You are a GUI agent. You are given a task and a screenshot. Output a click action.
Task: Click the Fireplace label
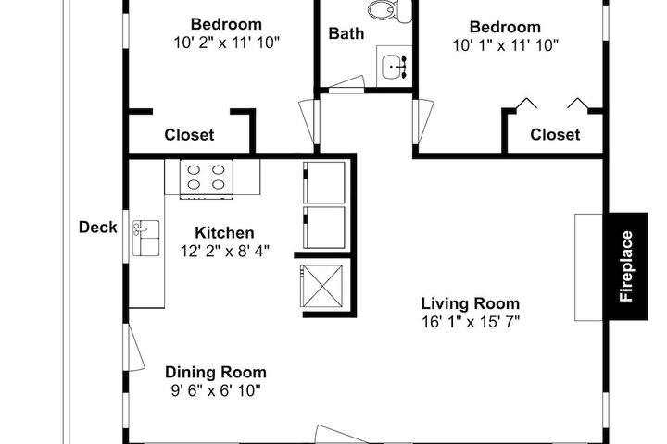[626, 266]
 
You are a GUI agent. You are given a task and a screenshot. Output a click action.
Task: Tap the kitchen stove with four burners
[207, 179]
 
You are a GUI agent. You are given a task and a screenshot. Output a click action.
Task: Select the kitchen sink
[146, 238]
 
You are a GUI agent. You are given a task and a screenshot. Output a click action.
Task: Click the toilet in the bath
[390, 10]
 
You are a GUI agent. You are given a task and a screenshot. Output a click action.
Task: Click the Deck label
[98, 228]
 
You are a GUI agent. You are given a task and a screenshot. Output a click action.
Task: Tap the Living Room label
[471, 303]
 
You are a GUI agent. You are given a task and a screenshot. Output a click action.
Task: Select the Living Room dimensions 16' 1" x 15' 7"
[471, 322]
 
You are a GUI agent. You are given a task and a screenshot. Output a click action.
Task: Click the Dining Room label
[216, 372]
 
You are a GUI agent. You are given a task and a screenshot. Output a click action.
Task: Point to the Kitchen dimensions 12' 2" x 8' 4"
[225, 251]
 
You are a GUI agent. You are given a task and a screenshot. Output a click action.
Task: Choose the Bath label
[346, 33]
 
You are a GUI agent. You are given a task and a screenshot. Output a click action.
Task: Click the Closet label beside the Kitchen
[189, 135]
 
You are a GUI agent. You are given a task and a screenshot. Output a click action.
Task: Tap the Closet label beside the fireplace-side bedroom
[555, 135]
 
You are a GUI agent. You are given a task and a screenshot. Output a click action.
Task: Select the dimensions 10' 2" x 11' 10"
[226, 43]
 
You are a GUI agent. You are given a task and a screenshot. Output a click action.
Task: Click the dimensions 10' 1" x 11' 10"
[505, 45]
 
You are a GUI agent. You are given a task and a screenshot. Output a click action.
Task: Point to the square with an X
[321, 286]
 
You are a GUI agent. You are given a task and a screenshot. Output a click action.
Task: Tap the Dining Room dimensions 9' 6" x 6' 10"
[216, 390]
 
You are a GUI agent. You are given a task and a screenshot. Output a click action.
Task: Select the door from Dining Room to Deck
[134, 347]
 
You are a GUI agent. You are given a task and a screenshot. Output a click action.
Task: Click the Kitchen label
[224, 233]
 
